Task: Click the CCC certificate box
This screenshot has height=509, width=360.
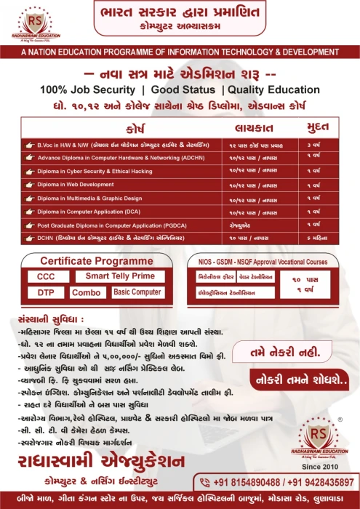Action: click(47, 277)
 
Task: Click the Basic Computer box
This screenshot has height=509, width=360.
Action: click(137, 292)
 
